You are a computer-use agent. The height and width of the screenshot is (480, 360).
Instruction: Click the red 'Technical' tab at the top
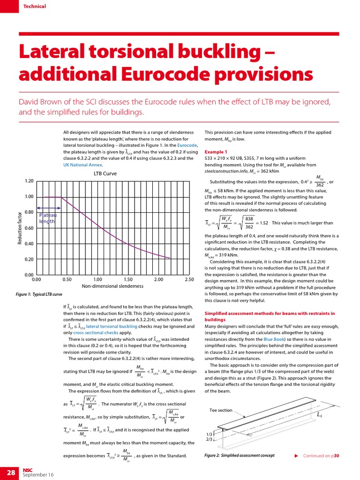pos(35,6)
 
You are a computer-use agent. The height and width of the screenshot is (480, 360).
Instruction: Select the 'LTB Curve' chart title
pos(105,173)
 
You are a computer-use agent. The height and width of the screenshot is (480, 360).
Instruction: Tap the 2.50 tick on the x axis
pos(189,279)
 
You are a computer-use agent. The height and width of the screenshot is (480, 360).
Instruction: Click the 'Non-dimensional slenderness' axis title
pos(112,285)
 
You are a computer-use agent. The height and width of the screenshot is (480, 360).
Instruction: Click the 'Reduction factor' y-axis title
pos(20,228)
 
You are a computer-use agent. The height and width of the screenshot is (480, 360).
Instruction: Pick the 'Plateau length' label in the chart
pos(47,218)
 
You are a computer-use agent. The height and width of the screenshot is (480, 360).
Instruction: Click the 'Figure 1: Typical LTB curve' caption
pos(39,294)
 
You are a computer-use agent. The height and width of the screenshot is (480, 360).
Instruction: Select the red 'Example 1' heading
pos(216,152)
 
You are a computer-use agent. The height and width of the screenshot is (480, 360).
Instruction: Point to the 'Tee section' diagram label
pos(221,410)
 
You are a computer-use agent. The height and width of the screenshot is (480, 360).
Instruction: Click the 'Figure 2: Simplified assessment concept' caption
pos(240,455)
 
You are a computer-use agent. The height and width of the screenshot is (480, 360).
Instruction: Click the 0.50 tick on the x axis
pos(67,279)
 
